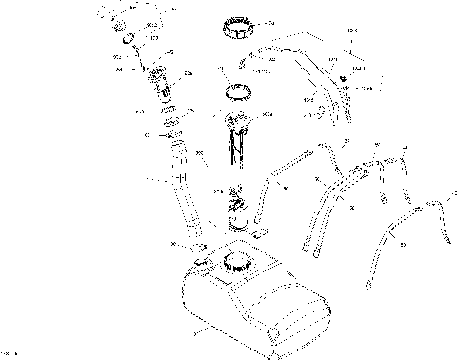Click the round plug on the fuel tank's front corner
[274, 332]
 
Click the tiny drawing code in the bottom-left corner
[9, 353]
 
